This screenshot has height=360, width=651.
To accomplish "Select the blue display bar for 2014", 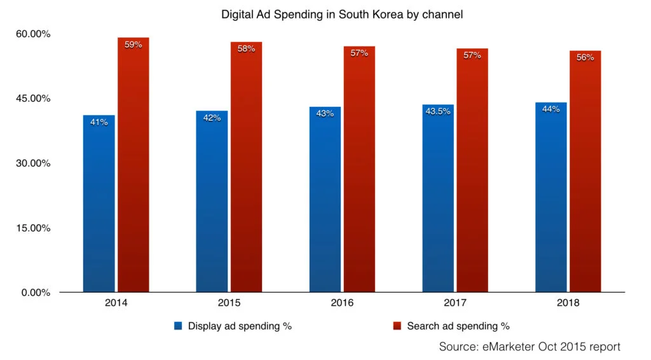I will coord(99,204).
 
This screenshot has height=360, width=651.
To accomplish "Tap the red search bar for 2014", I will coord(133,165).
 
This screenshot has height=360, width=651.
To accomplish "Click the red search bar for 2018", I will coord(585,172).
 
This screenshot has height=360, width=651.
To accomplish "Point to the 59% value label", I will coord(133,45).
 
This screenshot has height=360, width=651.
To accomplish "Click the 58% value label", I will coord(246,48).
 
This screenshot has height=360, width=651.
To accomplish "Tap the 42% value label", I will coord(212,118).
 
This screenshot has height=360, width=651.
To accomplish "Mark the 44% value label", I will coord(551,109).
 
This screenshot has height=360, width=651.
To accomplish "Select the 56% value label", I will coord(585,57).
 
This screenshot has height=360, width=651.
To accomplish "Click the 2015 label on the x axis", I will coord(229,303).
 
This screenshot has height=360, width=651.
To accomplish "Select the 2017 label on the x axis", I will coord(455,303).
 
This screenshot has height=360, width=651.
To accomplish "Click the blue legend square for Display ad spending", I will coord(179,326).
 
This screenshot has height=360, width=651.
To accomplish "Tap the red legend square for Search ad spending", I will coord(397,326).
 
